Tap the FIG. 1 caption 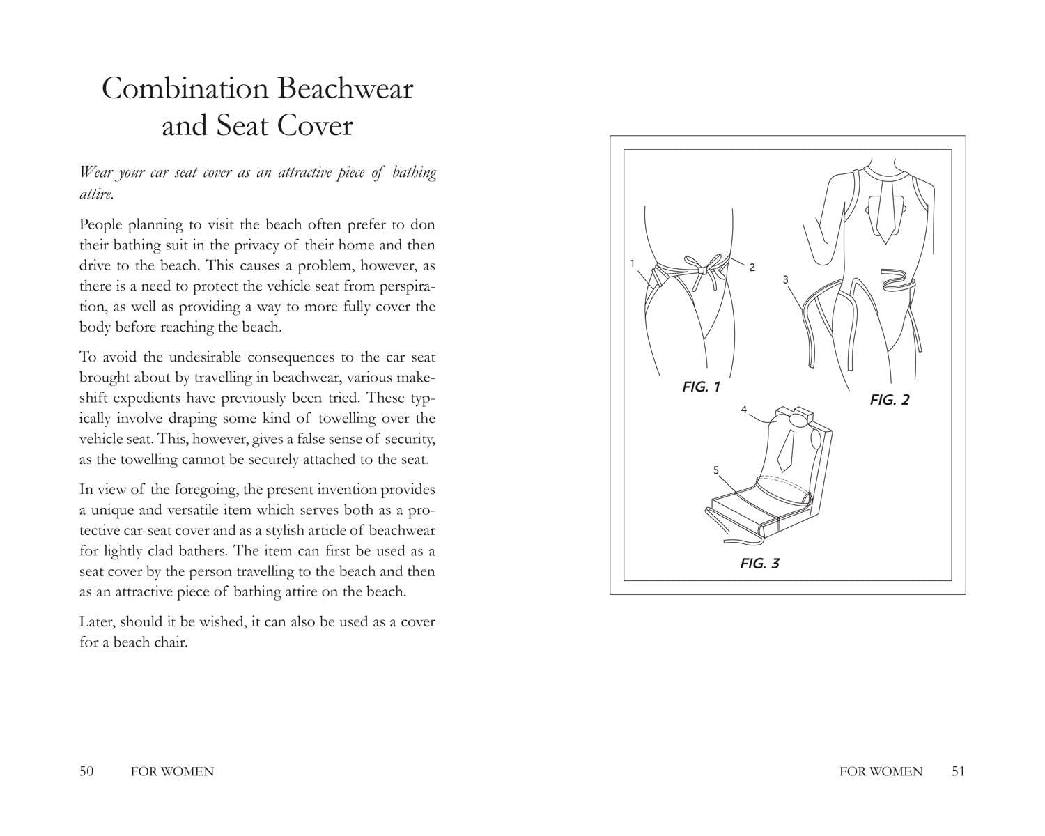pos(701,387)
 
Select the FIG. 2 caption pos(890,400)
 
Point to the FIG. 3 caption pos(759,564)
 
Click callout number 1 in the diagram pos(632,263)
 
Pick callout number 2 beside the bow pos(752,268)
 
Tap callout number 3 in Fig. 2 pos(785,279)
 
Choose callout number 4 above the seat pos(744,410)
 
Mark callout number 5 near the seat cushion pos(715,470)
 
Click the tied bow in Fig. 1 pos(702,268)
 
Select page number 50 pos(86,771)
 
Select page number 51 pos(958,771)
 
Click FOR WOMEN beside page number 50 pos(172,771)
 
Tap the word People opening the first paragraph pos(102,225)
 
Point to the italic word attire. pos(95,194)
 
